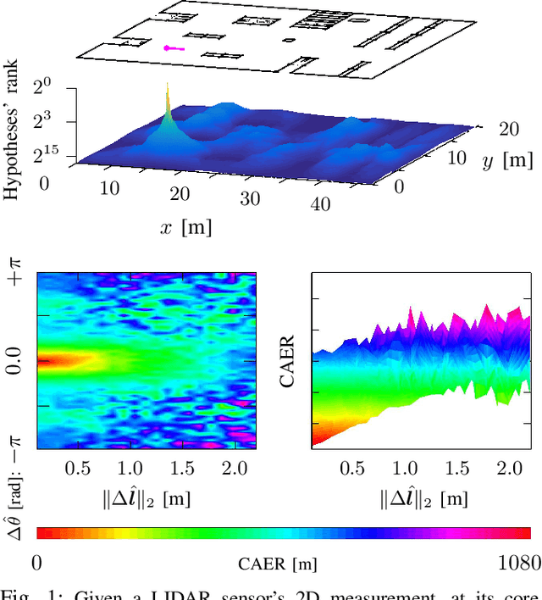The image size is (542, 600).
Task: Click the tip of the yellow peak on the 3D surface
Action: [x=167, y=85]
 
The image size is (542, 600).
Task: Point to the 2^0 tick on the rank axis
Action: [x=43, y=86]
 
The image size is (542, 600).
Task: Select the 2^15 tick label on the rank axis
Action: [x=42, y=157]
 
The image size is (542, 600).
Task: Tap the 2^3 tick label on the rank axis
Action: [x=43, y=121]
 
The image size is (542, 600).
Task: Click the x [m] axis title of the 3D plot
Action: [x=184, y=226]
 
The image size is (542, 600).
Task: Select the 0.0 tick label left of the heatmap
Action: [x=12, y=360]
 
